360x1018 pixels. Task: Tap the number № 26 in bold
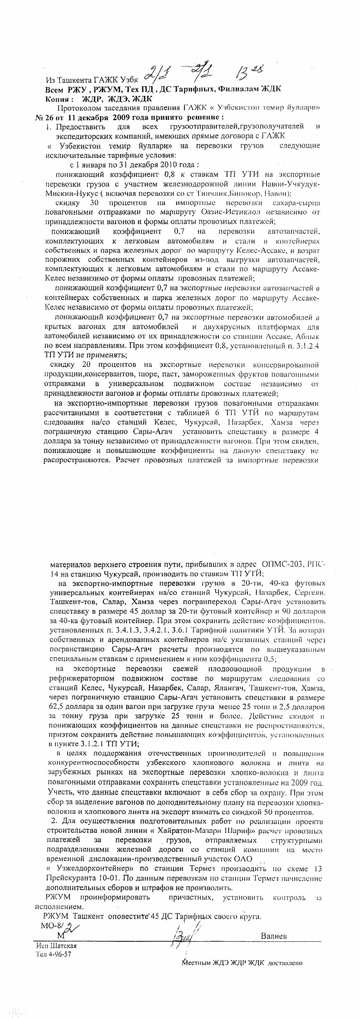tap(44, 117)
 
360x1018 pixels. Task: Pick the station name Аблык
tap(307, 336)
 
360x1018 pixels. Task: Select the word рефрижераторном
tap(82, 679)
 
